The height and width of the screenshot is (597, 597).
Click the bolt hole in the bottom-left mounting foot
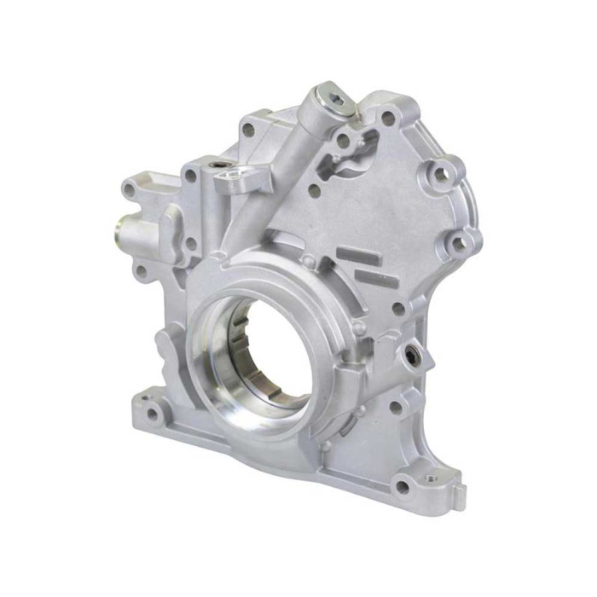[x=153, y=416]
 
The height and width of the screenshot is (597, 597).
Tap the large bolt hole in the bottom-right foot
[x=402, y=487]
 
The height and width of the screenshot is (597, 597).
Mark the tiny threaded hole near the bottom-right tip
[x=436, y=472]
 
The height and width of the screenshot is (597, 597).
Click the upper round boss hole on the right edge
[x=442, y=175]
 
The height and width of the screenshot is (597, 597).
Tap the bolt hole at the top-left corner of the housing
[x=248, y=130]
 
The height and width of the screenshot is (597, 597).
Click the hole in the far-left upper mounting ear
[x=130, y=190]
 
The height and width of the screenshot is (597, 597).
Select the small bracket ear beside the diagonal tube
[x=232, y=181]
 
